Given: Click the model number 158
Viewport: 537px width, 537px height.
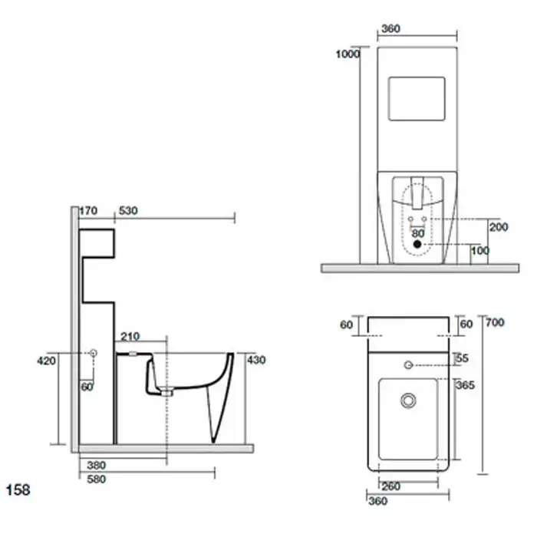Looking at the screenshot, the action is click(18, 490).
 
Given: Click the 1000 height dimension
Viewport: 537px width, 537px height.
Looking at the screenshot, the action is click(348, 54).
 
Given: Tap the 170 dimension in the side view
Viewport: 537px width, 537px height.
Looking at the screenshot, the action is click(88, 211).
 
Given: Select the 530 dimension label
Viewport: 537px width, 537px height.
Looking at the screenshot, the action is click(128, 211).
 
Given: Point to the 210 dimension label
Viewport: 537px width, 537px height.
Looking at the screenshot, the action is click(130, 337).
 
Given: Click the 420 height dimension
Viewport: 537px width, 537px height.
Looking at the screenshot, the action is click(46, 361).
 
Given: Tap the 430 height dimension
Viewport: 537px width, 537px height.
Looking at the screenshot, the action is click(256, 361).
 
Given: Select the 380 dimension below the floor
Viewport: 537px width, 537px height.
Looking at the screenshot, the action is click(96, 465).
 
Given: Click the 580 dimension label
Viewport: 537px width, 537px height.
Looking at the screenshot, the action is click(96, 479).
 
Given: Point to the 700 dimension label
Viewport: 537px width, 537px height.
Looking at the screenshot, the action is click(496, 322).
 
